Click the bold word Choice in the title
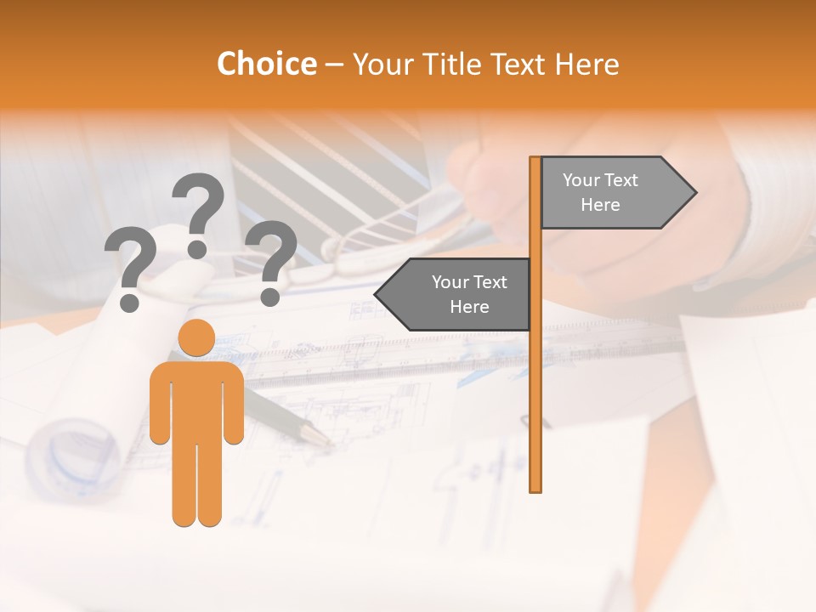pos(266,65)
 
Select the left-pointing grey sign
pos(454,294)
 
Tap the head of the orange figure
pos(196,337)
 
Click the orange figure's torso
pos(196,399)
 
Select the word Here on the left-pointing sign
pos(469,307)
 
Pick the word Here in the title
pos(587,65)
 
